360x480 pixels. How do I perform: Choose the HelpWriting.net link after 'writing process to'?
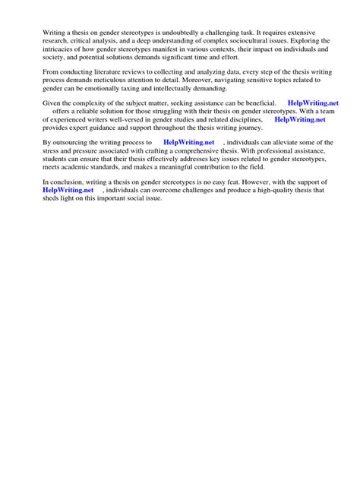coord(188,143)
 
